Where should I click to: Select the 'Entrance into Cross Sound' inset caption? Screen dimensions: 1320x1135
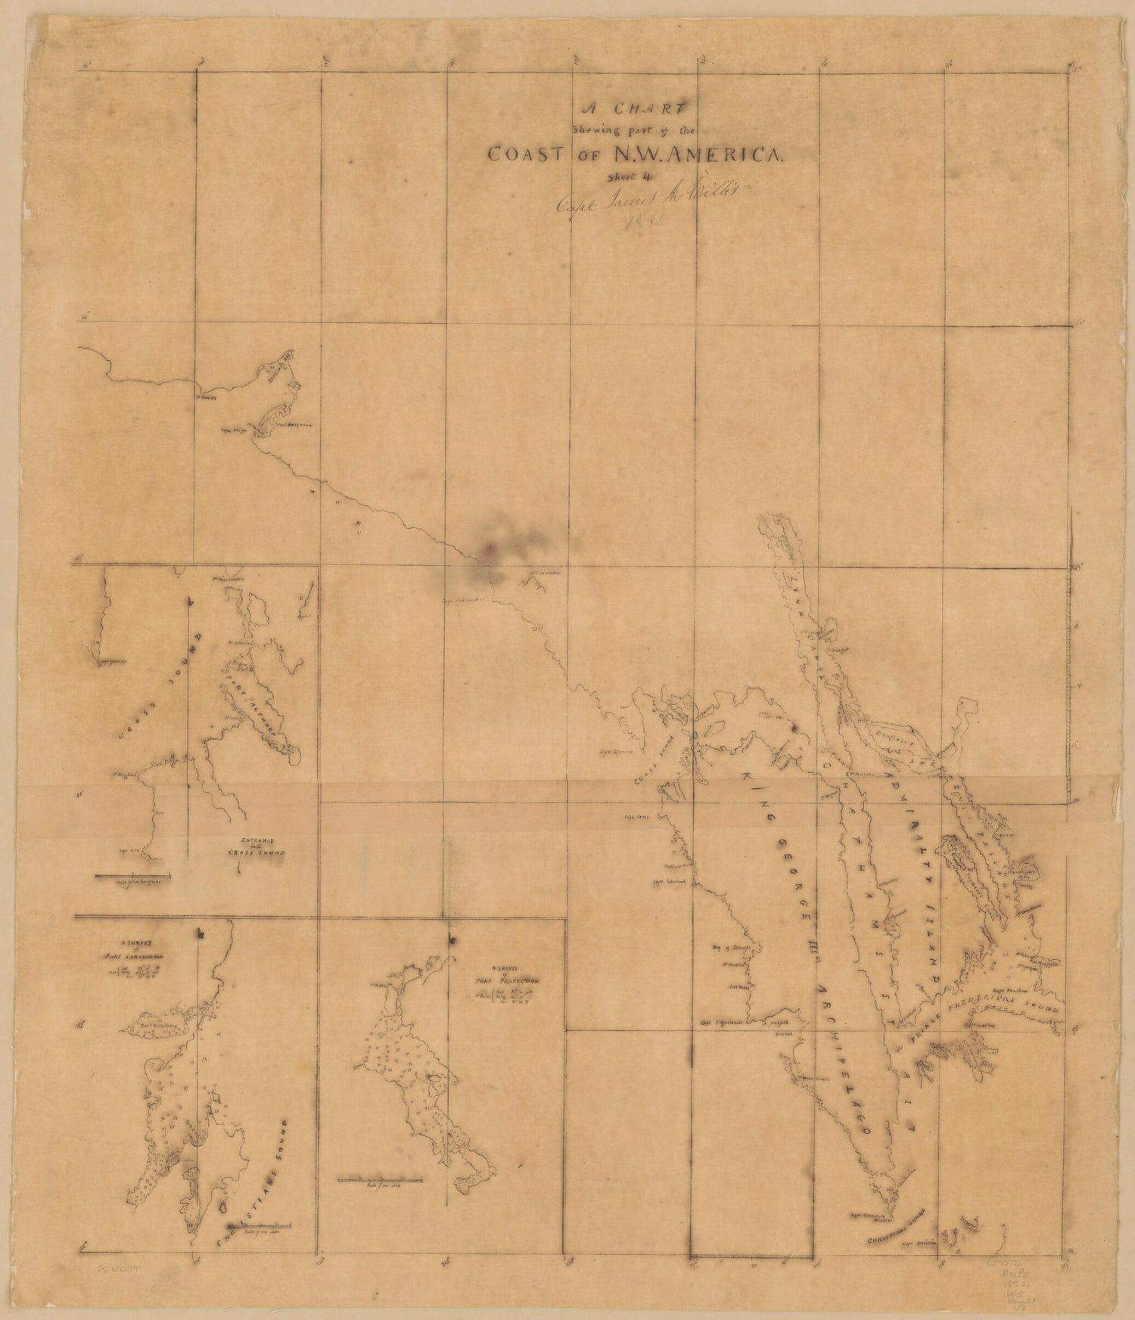point(258,846)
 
